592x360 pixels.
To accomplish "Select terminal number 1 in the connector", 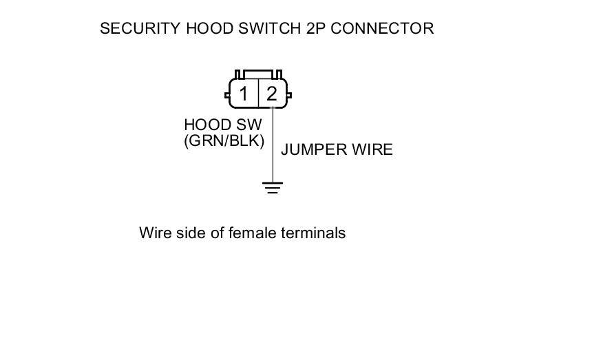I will coord(244,94).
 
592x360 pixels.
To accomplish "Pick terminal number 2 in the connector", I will coord(272,94).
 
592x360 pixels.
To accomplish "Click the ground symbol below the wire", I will coord(273,187).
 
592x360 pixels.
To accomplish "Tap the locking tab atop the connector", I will coord(258,74).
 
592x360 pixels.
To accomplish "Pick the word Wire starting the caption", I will coord(154,233).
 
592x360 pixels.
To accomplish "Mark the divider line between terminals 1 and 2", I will coord(258,94).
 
